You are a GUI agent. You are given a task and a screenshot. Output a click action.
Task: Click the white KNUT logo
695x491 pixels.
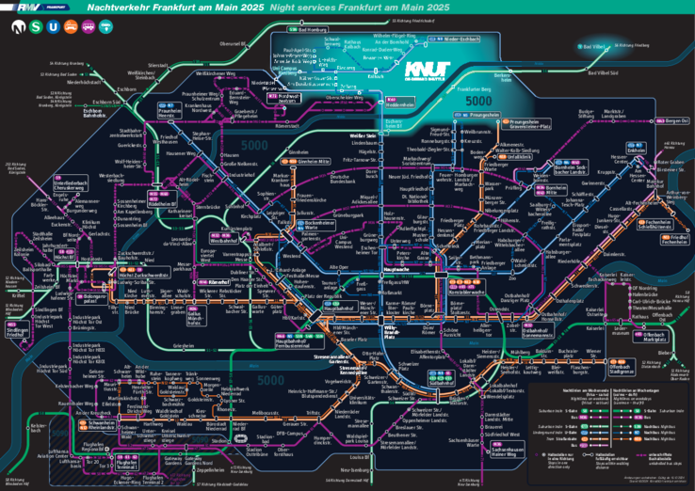(427, 71)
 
